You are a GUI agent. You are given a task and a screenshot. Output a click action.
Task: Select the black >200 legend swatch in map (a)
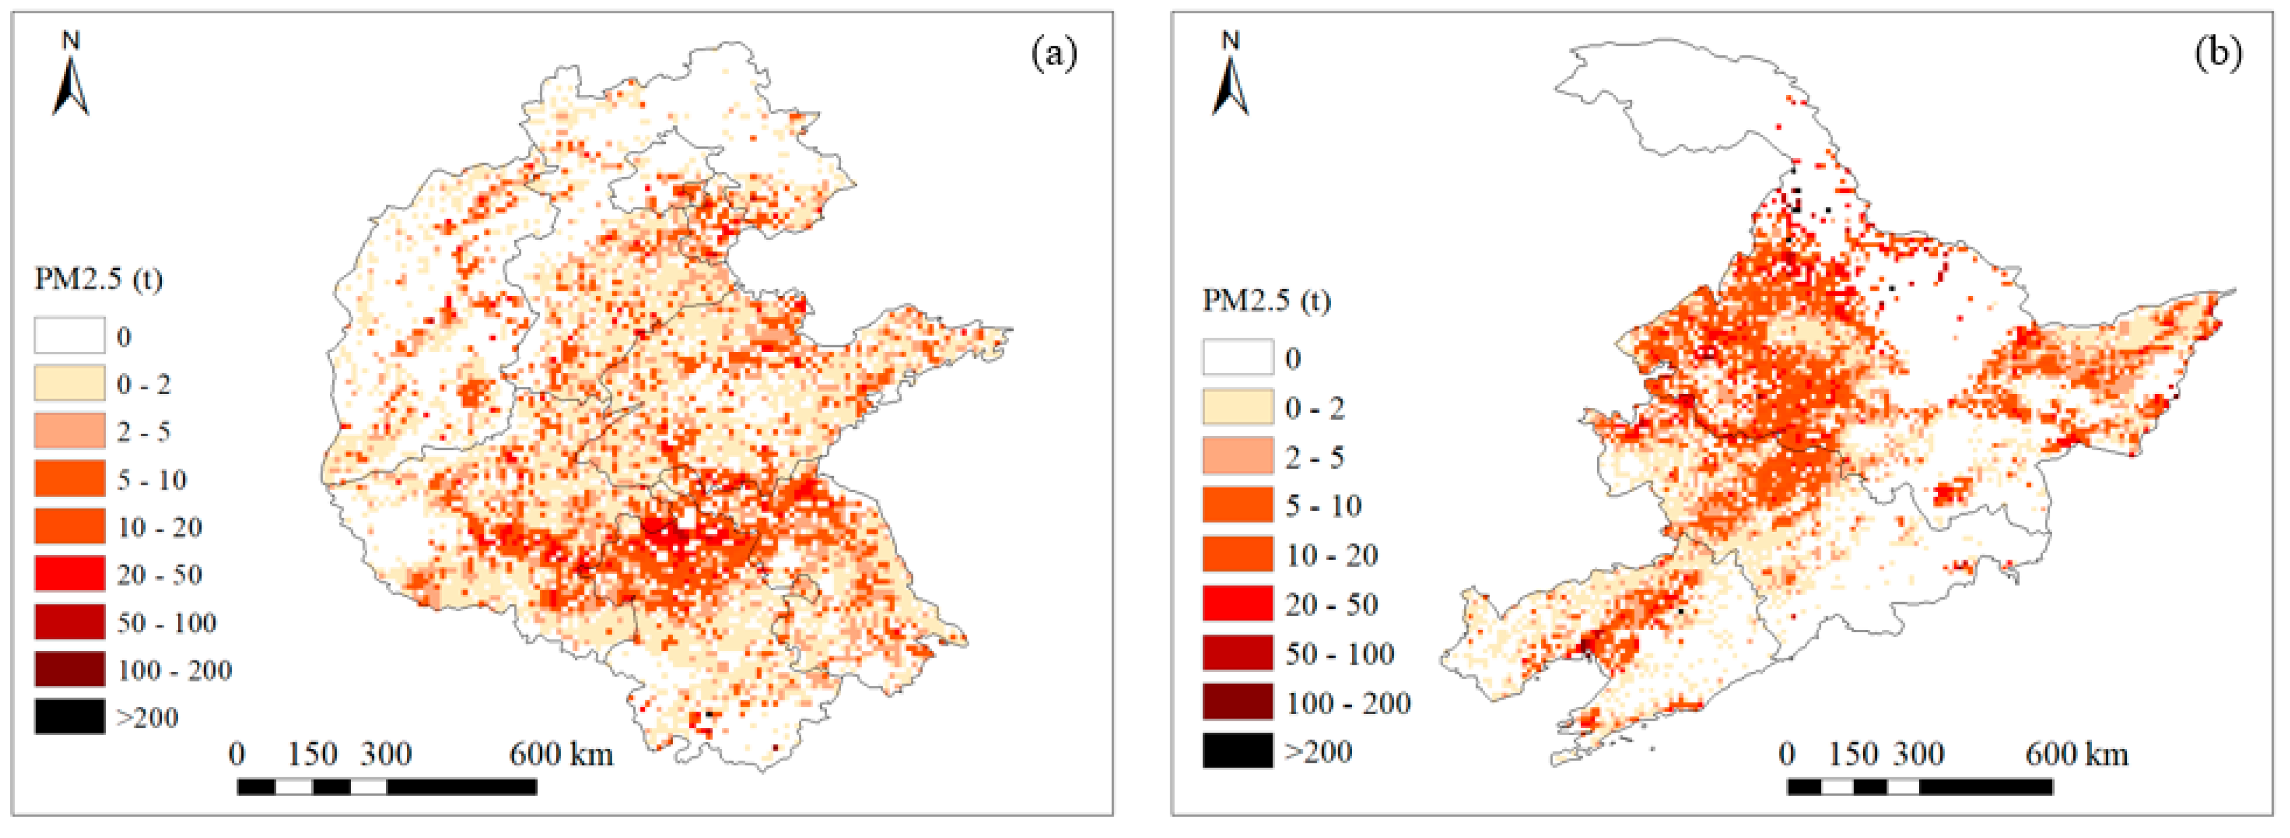pyautogui.click(x=69, y=716)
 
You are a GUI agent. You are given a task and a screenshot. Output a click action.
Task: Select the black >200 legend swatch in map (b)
pyautogui.click(x=1238, y=750)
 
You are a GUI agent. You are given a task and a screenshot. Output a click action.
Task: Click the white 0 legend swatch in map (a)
pyautogui.click(x=69, y=336)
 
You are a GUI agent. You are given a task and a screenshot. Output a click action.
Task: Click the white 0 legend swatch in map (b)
pyautogui.click(x=1238, y=357)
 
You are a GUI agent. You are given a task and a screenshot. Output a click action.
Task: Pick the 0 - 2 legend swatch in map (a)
pyautogui.click(x=69, y=383)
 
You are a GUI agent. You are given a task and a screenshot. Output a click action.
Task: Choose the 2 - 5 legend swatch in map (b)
pyautogui.click(x=1238, y=456)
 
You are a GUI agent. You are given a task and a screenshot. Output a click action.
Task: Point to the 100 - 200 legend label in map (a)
pyautogui.click(x=174, y=669)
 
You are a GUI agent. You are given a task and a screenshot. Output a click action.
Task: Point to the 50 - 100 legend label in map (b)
pyautogui.click(x=1339, y=653)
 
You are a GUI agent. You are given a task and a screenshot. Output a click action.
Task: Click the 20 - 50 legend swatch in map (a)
pyautogui.click(x=69, y=573)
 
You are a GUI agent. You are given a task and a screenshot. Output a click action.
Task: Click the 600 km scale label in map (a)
pyautogui.click(x=561, y=754)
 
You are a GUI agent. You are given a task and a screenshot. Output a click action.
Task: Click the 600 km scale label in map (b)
pyautogui.click(x=2077, y=754)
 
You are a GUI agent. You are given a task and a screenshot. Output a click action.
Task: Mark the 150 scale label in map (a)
pyautogui.click(x=312, y=754)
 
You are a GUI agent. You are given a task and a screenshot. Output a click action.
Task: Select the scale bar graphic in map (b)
pyautogui.click(x=1920, y=786)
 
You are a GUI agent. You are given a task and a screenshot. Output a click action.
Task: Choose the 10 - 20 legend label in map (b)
pyautogui.click(x=1331, y=555)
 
